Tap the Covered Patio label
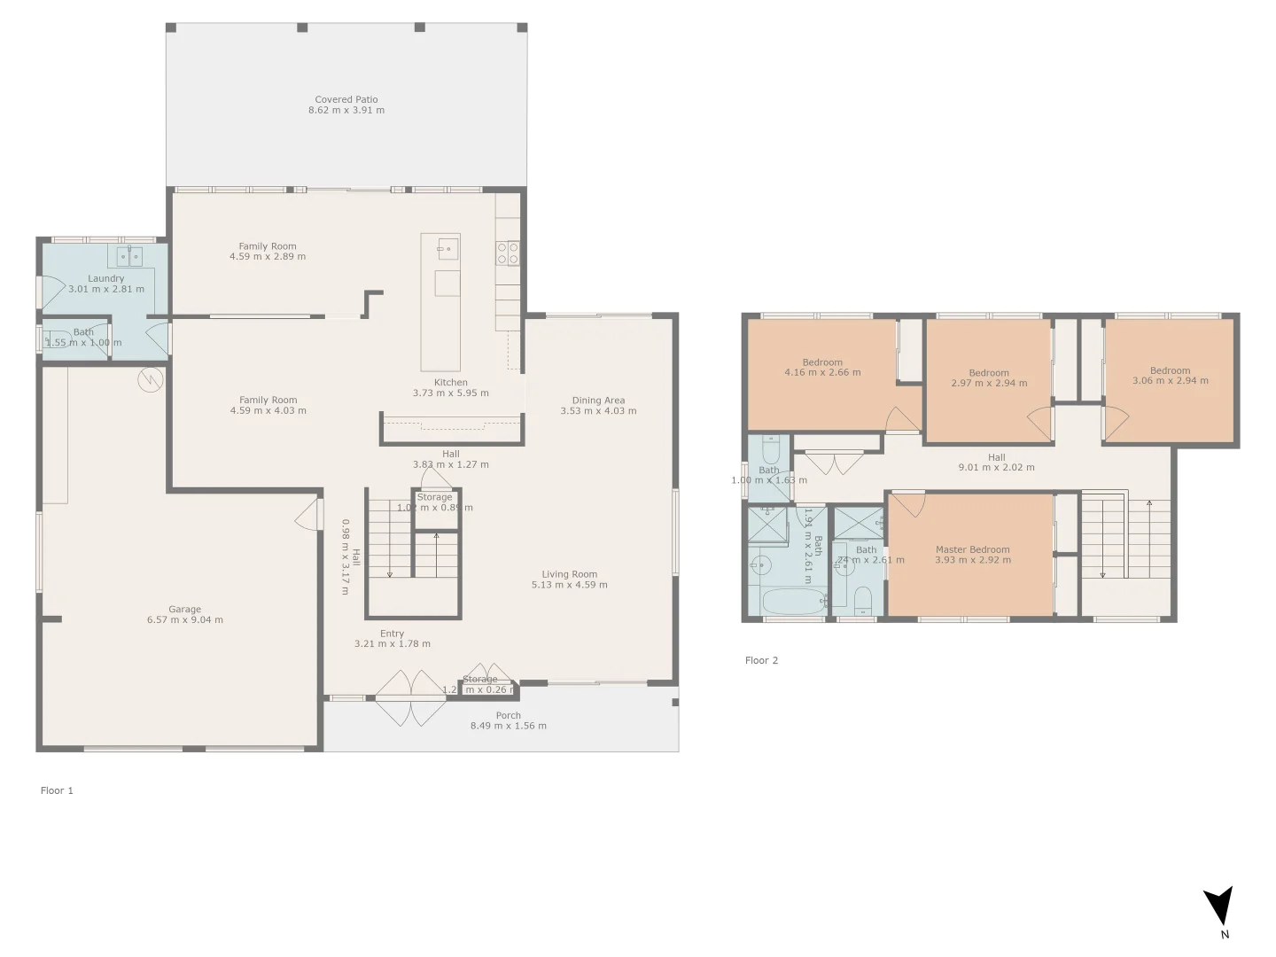click(x=346, y=100)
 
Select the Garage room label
click(x=184, y=610)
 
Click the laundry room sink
click(x=129, y=256)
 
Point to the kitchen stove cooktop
click(x=507, y=253)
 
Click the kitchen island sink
click(x=448, y=248)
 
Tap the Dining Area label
click(x=598, y=401)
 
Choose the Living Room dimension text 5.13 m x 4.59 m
click(x=569, y=585)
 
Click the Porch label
click(x=508, y=715)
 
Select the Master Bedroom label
click(x=972, y=549)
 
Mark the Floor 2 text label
click(x=761, y=660)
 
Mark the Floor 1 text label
click(x=57, y=790)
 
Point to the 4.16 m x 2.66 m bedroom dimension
click(x=822, y=373)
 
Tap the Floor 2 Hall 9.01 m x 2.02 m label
click(x=997, y=463)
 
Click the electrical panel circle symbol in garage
click(x=151, y=380)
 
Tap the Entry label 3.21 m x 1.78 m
click(x=392, y=639)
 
